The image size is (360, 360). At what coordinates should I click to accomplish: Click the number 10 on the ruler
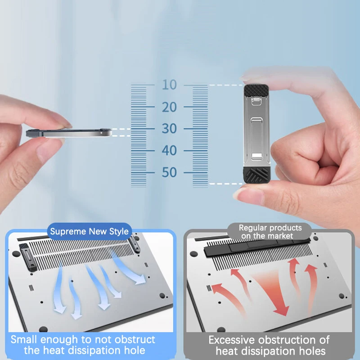click(170, 85)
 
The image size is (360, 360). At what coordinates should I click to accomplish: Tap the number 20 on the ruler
click(170, 107)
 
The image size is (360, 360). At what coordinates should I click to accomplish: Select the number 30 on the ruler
click(170, 128)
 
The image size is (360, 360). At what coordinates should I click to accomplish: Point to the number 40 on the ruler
click(170, 151)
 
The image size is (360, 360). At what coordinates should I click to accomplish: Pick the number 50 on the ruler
click(170, 172)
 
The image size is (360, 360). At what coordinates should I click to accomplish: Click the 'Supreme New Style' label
click(89, 231)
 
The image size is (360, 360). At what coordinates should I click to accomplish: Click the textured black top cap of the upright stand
click(256, 90)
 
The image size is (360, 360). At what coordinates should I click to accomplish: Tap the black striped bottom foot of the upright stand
click(257, 175)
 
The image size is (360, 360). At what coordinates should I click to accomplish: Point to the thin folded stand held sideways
click(69, 133)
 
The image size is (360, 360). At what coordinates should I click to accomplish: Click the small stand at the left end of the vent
click(28, 257)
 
